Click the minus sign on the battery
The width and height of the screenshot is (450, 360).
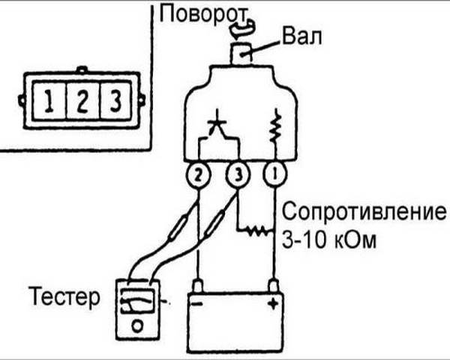point(197,307)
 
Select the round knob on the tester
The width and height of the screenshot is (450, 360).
point(138,325)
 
